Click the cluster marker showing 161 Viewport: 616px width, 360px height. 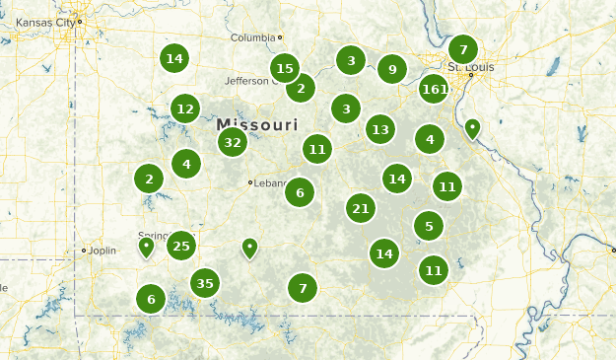click(x=434, y=90)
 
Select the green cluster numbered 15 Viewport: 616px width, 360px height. click(x=285, y=68)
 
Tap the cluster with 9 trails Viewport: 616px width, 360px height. click(x=392, y=69)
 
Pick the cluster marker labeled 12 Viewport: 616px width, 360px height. click(x=185, y=108)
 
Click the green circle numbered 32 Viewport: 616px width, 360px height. click(x=233, y=142)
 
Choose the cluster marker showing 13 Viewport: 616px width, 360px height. click(x=380, y=129)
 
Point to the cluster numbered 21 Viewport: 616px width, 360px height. click(x=361, y=208)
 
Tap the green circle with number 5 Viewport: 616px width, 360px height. click(x=429, y=226)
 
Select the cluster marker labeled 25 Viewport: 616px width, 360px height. click(x=181, y=246)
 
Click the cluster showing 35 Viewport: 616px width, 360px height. click(x=205, y=284)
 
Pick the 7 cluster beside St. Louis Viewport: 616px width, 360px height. click(x=463, y=49)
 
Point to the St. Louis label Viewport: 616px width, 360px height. click(x=468, y=67)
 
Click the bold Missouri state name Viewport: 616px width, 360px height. click(x=257, y=125)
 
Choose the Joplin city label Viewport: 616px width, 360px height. click(x=102, y=251)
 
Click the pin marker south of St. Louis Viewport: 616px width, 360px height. click(x=472, y=128)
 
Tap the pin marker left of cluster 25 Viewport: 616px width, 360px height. click(x=147, y=246)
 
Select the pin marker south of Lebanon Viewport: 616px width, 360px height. click(x=250, y=248)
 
